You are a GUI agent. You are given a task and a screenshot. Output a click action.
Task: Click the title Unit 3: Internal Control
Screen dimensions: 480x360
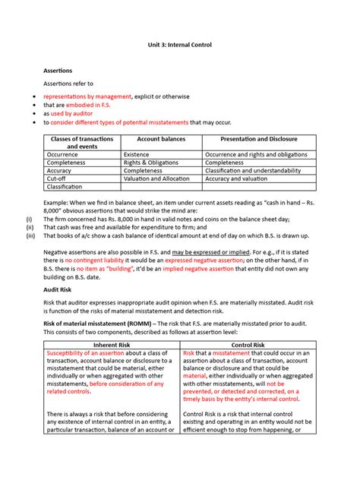pos(179,45)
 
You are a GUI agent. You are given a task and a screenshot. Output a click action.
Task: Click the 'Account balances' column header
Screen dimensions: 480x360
pos(161,139)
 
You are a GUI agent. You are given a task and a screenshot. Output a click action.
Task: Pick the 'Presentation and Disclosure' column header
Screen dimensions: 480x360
pos(258,139)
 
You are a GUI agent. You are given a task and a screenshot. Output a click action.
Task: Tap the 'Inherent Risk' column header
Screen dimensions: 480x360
pos(111,345)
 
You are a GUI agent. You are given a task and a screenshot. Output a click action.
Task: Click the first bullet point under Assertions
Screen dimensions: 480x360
pos(34,96)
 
